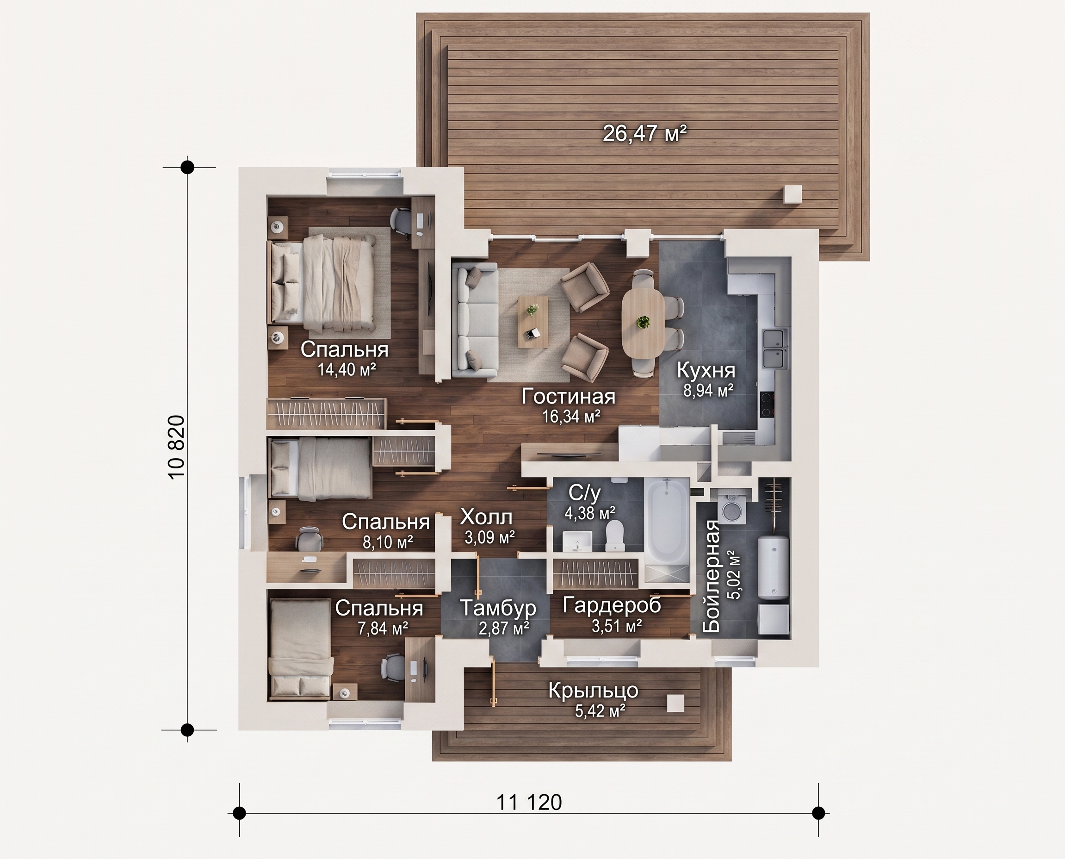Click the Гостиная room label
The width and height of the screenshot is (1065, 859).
click(569, 397)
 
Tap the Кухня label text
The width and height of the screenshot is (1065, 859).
click(706, 370)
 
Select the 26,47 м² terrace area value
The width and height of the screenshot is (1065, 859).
click(644, 133)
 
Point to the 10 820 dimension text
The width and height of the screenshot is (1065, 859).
click(177, 446)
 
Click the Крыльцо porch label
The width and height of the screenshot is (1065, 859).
click(593, 690)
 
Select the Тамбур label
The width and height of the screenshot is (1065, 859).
click(498, 608)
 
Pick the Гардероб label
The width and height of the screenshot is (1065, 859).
click(612, 604)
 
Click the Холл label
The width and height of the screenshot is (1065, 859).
click(486, 517)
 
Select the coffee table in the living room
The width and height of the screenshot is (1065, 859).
click(533, 322)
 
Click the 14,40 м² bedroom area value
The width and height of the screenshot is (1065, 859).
click(347, 369)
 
